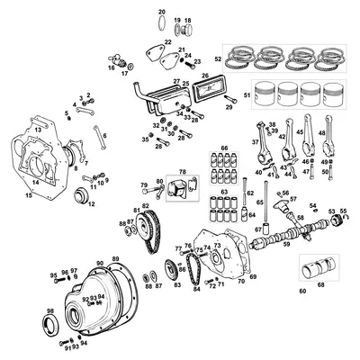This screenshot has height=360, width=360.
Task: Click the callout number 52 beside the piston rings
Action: (x=217, y=58)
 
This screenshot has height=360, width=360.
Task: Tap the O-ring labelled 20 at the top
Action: (x=162, y=11)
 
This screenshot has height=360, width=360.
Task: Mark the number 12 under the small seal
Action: (x=91, y=204)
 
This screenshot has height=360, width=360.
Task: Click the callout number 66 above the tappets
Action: (x=225, y=147)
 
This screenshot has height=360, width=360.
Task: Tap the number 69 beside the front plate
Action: (x=253, y=276)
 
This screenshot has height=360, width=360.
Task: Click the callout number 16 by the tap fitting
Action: (x=112, y=67)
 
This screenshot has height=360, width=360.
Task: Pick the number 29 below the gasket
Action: (x=229, y=107)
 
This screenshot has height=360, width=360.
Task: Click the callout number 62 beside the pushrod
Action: (x=251, y=193)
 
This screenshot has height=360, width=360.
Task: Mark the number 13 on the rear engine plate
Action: (x=38, y=130)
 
